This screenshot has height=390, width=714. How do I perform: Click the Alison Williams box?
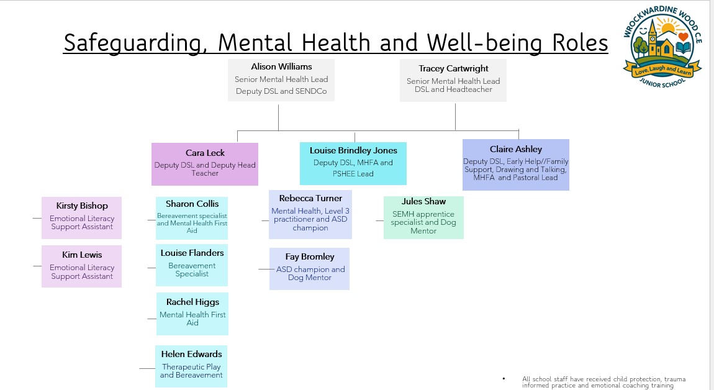tap(281, 79)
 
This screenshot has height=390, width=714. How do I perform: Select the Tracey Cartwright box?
tap(453, 79)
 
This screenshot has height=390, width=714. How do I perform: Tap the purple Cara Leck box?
tap(205, 164)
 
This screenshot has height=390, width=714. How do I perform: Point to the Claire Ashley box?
tap(515, 164)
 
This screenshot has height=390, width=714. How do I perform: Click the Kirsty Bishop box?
tap(82, 217)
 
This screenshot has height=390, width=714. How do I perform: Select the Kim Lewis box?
tap(82, 266)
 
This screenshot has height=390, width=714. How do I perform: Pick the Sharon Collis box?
tap(192, 218)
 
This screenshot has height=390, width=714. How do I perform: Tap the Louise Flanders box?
tap(192, 265)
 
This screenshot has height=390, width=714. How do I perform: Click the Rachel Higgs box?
tap(192, 313)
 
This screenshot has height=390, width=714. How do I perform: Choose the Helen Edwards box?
tap(191, 366)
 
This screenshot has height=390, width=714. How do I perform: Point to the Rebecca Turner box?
tap(310, 214)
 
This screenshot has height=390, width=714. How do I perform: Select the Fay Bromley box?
tap(309, 268)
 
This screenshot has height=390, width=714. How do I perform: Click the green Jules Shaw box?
tap(423, 217)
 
